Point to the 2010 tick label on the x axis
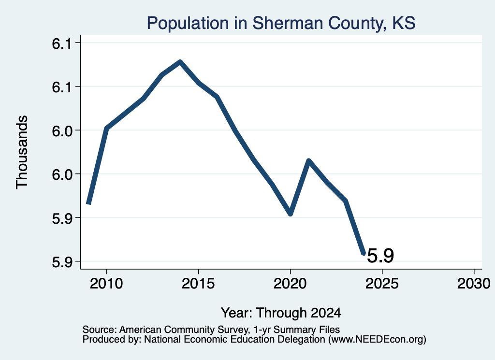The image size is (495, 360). coord(106,283)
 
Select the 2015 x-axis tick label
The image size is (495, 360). coord(198,283)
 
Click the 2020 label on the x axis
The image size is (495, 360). coord(290,283)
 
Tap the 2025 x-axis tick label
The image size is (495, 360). coord(382,283)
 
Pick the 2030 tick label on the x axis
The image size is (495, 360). coord(474,283)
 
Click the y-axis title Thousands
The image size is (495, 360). coord(22,152)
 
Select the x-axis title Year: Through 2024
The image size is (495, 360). coord(281,313)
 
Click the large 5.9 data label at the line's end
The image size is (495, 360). coord(380,255)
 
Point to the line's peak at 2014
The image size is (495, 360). coord(180,62)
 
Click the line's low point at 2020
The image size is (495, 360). coord(290,214)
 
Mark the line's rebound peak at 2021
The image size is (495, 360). coord(309,161)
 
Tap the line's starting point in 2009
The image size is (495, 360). coord(89,203)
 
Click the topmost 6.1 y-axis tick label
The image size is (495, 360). coord(62,43)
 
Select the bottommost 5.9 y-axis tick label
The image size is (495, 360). coord(62,262)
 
